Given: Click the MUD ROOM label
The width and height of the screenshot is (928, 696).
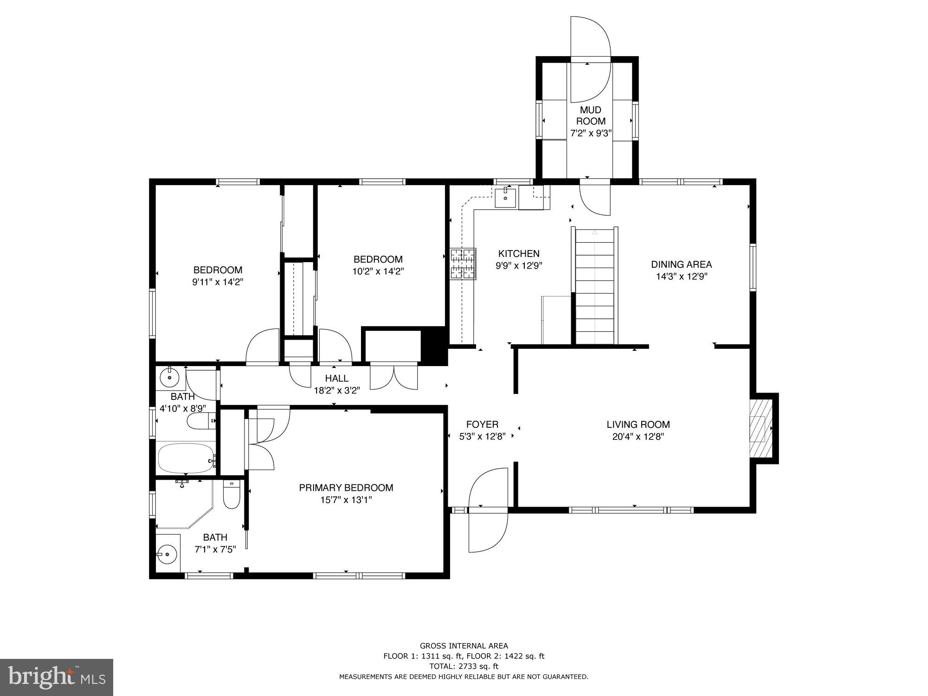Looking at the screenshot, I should tap(591, 116).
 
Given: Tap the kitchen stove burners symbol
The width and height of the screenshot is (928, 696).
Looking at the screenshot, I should tap(463, 264).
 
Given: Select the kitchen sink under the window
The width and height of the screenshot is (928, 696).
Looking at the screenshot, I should tap(505, 198).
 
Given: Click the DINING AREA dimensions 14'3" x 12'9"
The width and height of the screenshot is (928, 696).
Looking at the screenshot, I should tap(681, 277).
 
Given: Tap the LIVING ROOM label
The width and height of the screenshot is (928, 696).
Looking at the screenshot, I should tap(638, 424).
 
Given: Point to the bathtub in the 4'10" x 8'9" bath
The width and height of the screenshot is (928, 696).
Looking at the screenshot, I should tap(186, 458).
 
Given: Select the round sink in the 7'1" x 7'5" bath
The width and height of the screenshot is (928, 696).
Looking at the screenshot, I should tap(167, 554).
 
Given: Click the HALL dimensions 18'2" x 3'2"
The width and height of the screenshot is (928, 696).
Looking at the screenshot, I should tap(337, 391).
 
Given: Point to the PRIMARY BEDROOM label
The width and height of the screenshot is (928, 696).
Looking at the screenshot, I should tap(346, 488).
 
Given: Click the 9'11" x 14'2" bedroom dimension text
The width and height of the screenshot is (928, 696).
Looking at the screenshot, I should tap(218, 282).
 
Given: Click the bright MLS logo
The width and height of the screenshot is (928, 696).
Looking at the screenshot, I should tap(57, 677).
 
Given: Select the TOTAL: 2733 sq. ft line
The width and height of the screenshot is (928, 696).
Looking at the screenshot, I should tap(464, 666).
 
